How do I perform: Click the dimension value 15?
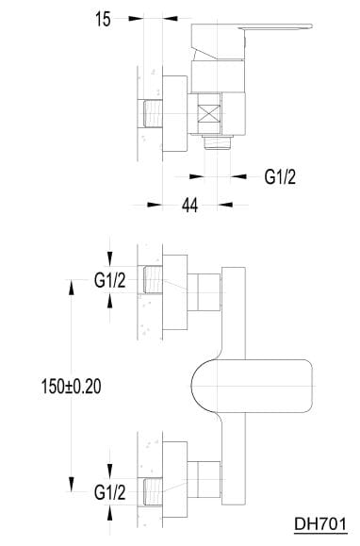pyautogui.click(x=103, y=19)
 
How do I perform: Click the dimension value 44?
pyautogui.click(x=190, y=205)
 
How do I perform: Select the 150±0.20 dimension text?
pyautogui.click(x=72, y=387)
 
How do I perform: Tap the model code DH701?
pyautogui.click(x=320, y=524)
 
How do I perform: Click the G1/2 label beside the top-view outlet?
pyautogui.click(x=280, y=177)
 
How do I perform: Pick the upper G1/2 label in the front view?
pyautogui.click(x=110, y=280)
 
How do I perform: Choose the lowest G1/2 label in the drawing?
pyautogui.click(x=110, y=493)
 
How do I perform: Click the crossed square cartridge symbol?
pyautogui.click(x=208, y=113)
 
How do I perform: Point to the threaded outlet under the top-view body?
pyautogui.click(x=218, y=142)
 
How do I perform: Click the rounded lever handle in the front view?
pyautogui.click(x=252, y=387)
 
